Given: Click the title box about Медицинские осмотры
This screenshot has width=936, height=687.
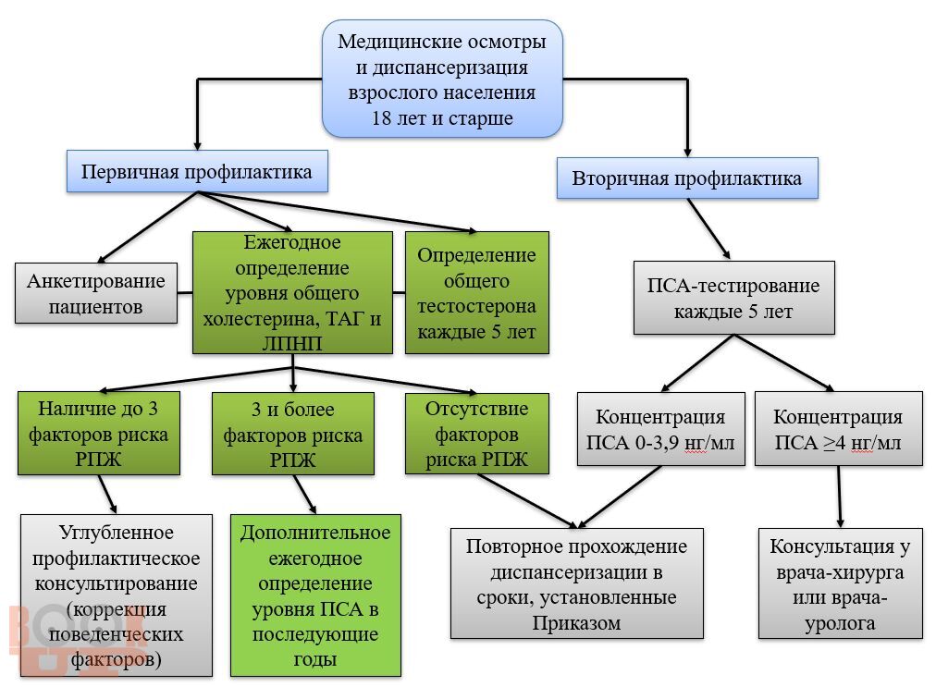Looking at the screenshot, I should click(442, 80).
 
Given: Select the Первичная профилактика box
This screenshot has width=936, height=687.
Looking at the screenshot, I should click(197, 173).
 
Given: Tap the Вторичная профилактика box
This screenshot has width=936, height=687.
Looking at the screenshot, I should click(687, 178).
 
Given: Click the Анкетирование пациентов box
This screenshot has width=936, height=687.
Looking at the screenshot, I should click(96, 293).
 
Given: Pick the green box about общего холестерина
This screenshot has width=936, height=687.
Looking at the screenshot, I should click(292, 292).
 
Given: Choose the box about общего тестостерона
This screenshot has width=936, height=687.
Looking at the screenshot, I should click(476, 292).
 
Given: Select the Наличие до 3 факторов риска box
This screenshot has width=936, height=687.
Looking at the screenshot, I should click(98, 434).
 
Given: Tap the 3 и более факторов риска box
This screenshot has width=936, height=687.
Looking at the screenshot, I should click(292, 434).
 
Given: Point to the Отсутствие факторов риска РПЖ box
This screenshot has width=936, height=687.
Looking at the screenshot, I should click(476, 434).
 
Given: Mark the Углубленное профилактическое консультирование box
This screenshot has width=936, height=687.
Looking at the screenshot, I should click(116, 595).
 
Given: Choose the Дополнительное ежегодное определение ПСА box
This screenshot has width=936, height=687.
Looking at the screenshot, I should click(315, 595).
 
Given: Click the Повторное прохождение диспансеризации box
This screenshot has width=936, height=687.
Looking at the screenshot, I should click(576, 583).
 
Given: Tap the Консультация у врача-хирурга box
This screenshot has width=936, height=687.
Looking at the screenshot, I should click(840, 583).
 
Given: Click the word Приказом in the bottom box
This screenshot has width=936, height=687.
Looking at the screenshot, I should click(576, 622).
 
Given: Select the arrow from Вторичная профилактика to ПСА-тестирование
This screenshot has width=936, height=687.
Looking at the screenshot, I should click(708, 227).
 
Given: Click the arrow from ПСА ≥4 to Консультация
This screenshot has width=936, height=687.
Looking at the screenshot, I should click(840, 496).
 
